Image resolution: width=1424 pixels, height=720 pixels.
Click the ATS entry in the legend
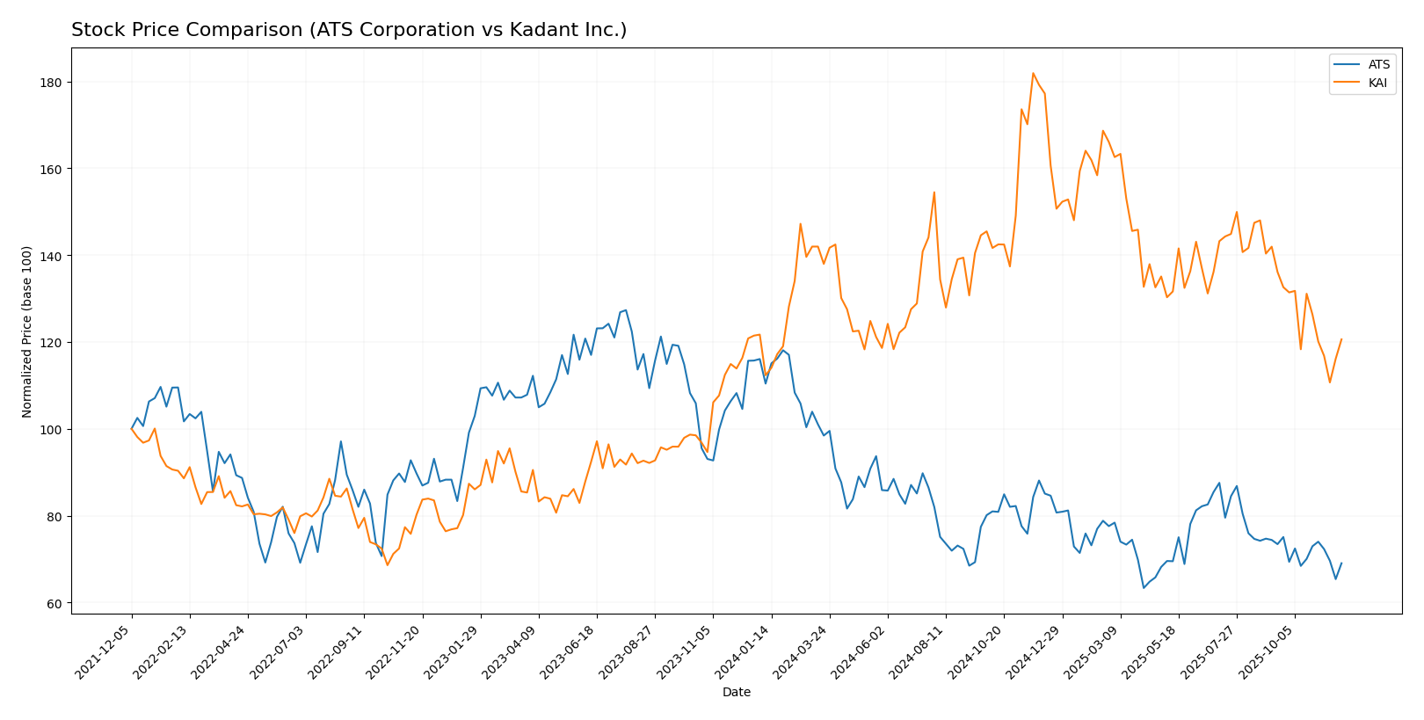(x=1378, y=64)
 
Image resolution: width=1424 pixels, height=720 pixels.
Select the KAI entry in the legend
(x=1378, y=83)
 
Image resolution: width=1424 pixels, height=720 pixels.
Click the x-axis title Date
(x=736, y=693)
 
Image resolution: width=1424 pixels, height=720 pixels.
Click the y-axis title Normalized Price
(x=27, y=331)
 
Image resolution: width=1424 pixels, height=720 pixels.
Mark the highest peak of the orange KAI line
(x=1033, y=73)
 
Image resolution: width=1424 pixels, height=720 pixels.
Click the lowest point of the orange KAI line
(x=387, y=564)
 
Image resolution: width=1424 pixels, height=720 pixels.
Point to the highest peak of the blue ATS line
(x=625, y=310)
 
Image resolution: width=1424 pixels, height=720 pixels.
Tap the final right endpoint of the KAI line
(x=1341, y=339)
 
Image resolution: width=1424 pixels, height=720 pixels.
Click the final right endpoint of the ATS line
(x=1341, y=564)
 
